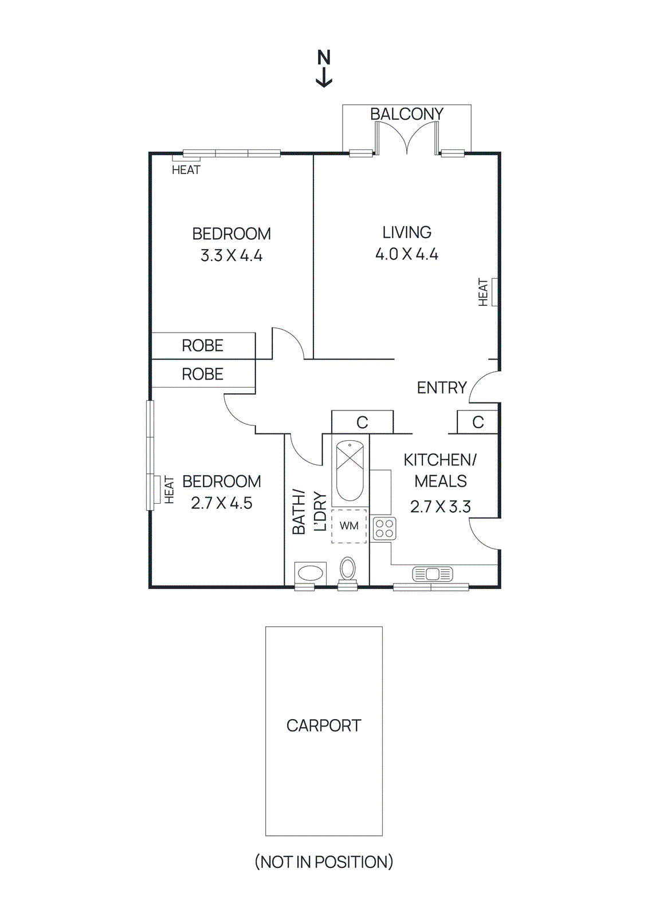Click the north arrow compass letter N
[324, 58]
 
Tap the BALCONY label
[407, 114]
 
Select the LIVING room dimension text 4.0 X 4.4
[407, 254]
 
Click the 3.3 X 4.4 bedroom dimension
[231, 255]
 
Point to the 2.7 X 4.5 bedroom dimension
[222, 503]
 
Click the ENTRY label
[442, 388]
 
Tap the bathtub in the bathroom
[349, 471]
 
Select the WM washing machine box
[349, 526]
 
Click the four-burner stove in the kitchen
[384, 528]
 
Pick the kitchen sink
[433, 574]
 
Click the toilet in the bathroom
[348, 569]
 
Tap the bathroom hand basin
[310, 573]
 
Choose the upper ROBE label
[202, 346]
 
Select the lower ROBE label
[202, 374]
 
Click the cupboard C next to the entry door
[478, 423]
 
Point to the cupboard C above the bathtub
[362, 423]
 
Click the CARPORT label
[324, 726]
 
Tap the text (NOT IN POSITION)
[324, 862]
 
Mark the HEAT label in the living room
[484, 292]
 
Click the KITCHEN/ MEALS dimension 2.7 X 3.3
[441, 507]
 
